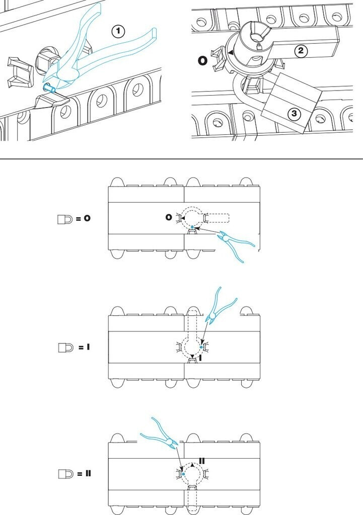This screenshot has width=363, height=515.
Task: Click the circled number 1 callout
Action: pos(118,32)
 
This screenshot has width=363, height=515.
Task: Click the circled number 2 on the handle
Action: pos(301,51)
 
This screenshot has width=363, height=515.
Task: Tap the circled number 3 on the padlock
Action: pos(295,114)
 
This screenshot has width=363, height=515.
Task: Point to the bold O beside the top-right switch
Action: pos(202,61)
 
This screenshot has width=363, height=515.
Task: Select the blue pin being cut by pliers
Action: pos(49,89)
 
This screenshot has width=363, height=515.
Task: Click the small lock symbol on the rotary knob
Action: pos(258,47)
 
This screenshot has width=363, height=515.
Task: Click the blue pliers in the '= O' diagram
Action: pos(237,245)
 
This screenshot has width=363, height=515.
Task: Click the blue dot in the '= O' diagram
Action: pos(192,227)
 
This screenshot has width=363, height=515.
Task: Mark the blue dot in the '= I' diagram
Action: pos(201,347)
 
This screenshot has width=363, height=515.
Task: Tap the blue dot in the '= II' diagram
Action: pos(184,474)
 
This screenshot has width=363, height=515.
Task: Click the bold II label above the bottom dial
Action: pos(202,460)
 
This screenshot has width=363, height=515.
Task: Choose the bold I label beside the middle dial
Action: pos(200,358)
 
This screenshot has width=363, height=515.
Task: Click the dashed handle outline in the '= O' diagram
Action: pos(216,218)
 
